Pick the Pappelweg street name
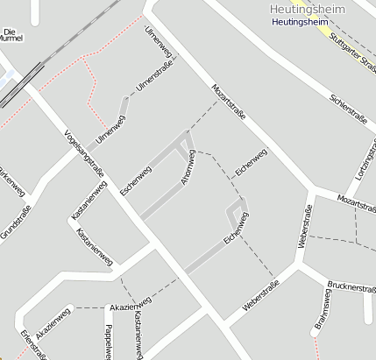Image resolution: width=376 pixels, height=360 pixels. [108, 342]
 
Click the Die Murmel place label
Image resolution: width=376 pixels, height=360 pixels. [10, 35]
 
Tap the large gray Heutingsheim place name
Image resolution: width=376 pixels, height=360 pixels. [303, 9]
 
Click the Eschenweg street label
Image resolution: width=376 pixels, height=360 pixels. [136, 180]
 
